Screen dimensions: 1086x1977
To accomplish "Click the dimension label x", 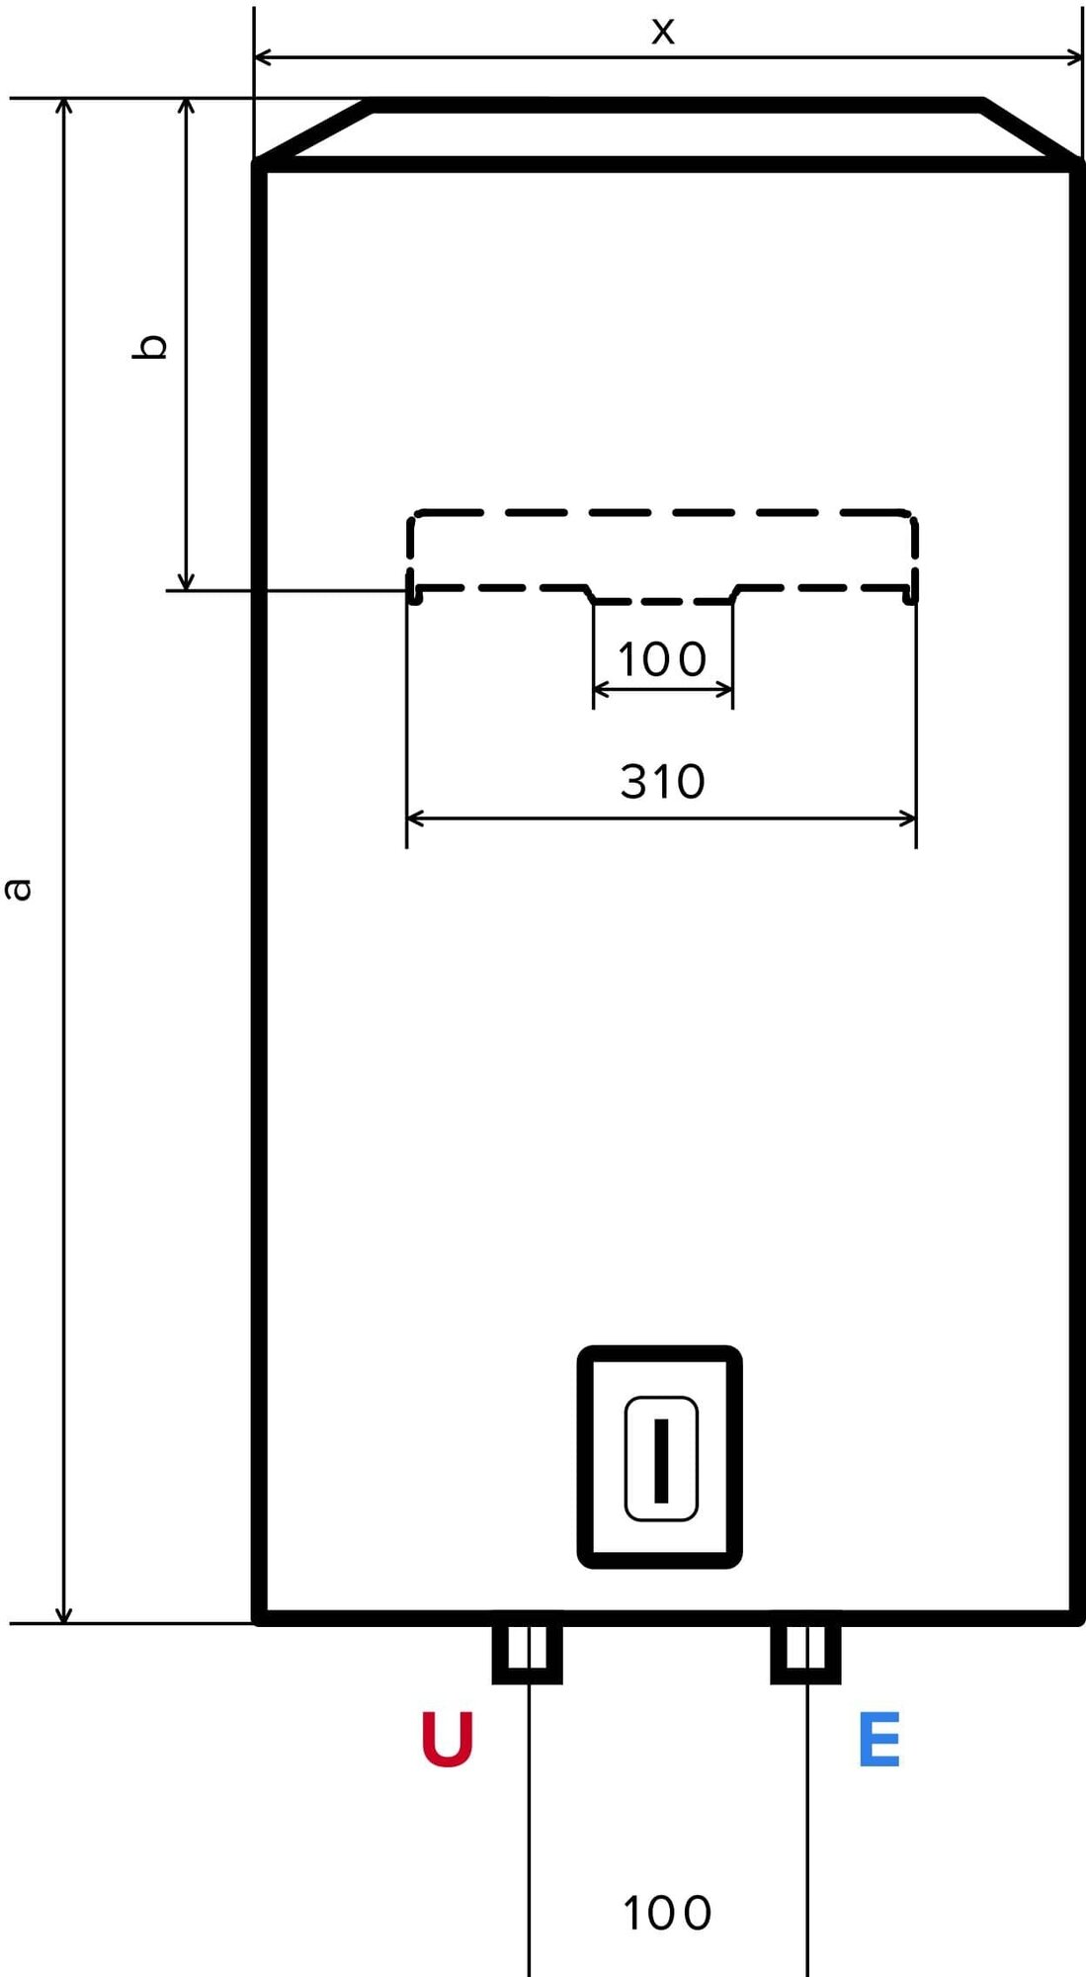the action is click(663, 32).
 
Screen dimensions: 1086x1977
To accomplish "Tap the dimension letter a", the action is click(19, 889).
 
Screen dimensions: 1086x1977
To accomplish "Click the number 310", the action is click(662, 782).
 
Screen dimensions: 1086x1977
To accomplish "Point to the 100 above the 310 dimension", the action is click(661, 659).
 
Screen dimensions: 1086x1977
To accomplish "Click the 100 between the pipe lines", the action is click(667, 1914).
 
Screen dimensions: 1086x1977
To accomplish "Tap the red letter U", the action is click(448, 1739).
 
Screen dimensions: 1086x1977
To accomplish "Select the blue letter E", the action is click(878, 1740).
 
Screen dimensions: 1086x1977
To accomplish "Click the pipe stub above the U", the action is click(528, 1652).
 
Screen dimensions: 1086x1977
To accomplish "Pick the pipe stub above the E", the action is click(805, 1652).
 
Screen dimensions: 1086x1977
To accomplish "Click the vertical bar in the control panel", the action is click(661, 1459).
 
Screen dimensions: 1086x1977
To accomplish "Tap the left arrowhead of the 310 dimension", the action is click(413, 818).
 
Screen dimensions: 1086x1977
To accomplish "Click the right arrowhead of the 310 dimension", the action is click(909, 818).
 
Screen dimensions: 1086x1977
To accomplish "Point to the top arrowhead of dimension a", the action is click(64, 105).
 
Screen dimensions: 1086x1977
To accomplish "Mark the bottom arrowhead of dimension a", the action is click(64, 1616).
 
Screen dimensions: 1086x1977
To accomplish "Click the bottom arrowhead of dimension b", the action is click(186, 583).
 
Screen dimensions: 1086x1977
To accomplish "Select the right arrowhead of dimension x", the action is click(1076, 57).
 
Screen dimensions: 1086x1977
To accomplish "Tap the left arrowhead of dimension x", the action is click(262, 57).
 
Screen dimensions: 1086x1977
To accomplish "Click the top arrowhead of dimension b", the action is click(186, 105).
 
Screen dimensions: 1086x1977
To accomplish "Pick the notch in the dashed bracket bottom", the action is click(663, 598).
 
